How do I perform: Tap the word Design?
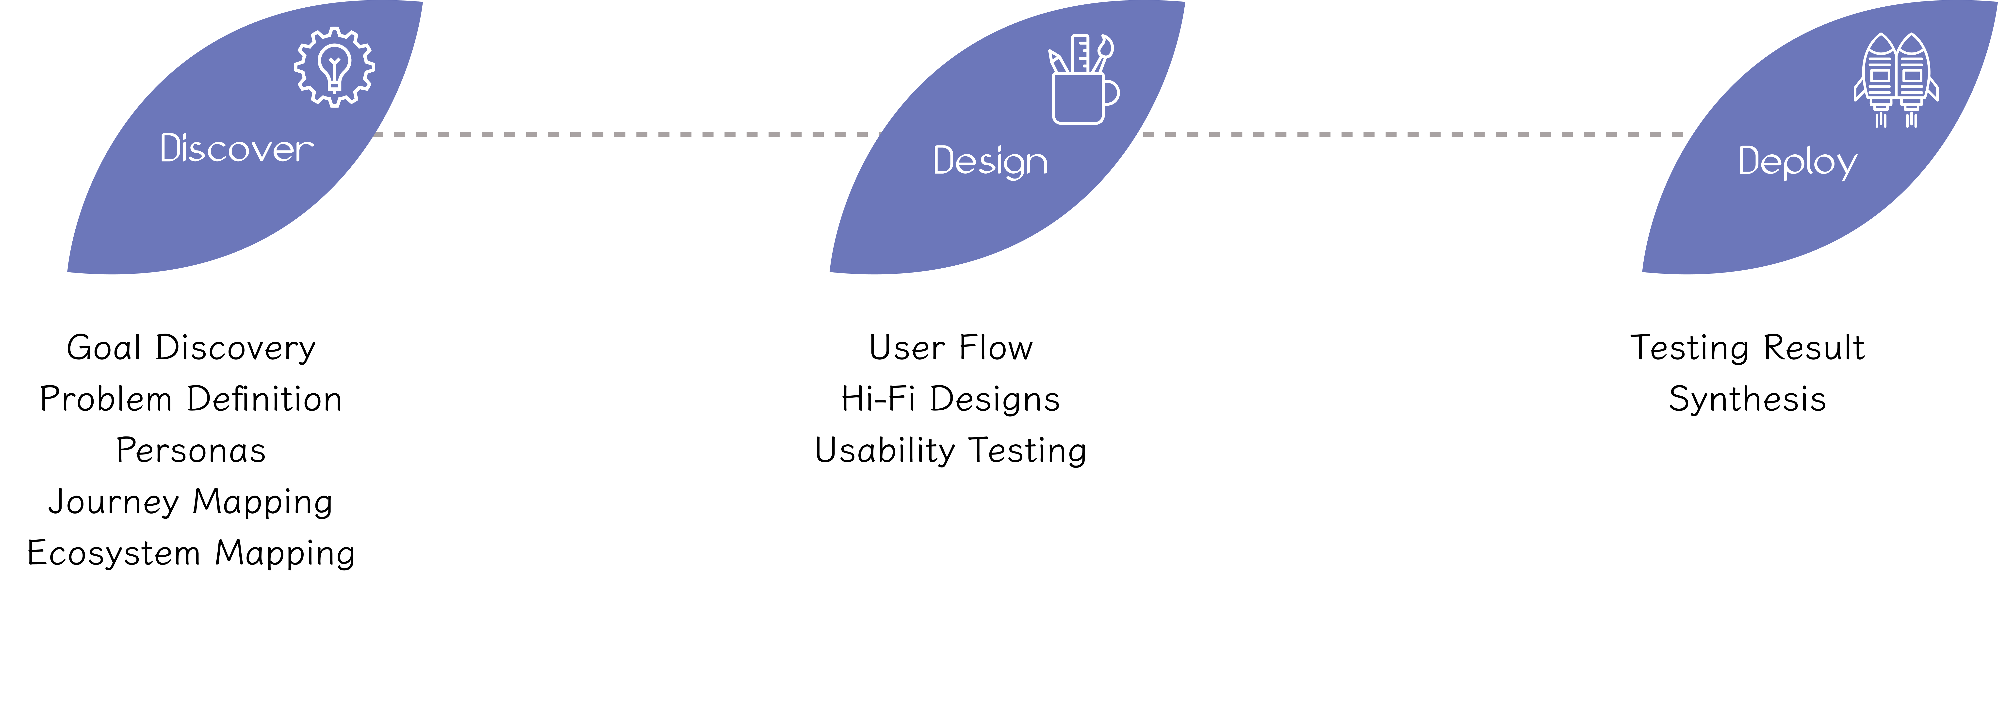[990, 161]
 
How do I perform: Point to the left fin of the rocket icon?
[1858, 89]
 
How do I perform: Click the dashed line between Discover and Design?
[621, 134]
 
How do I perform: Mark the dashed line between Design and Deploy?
[1412, 134]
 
